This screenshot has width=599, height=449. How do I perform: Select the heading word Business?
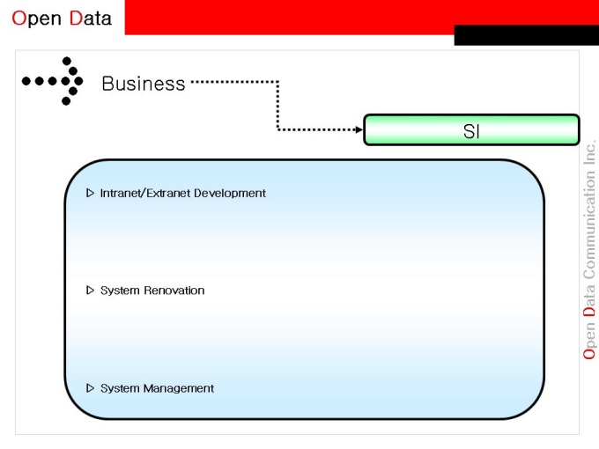tap(144, 84)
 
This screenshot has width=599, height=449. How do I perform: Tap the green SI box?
tap(471, 130)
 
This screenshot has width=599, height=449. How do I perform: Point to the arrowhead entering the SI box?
tap(358, 129)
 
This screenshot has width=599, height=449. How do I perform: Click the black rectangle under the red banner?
tap(526, 36)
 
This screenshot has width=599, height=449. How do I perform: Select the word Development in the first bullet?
tap(230, 193)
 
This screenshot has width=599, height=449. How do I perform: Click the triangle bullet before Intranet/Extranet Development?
tap(90, 193)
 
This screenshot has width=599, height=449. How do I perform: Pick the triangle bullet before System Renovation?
tap(90, 291)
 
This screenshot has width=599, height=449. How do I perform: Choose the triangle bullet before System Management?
tap(90, 388)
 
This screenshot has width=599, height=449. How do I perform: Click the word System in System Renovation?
tap(118, 291)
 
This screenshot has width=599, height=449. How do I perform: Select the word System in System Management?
tap(118, 388)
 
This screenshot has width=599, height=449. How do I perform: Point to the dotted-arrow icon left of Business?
tap(55, 81)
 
